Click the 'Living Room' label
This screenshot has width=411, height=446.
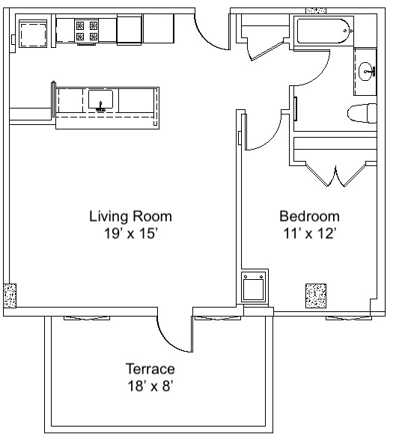(x=131, y=216)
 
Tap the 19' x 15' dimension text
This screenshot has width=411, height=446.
(x=131, y=233)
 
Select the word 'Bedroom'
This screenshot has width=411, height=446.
(x=309, y=216)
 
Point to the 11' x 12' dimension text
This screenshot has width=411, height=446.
(x=309, y=233)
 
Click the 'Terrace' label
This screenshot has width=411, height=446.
(x=150, y=369)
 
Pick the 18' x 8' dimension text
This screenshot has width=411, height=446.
(x=150, y=386)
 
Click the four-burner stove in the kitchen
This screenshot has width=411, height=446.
(x=87, y=31)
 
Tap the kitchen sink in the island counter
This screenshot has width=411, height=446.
(x=100, y=100)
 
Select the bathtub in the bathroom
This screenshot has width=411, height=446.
(x=323, y=31)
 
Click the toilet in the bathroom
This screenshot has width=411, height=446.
(x=362, y=113)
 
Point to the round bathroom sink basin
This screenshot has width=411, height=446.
(x=367, y=71)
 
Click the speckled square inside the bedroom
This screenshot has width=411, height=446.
(x=316, y=296)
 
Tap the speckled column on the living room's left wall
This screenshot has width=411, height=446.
(x=10, y=296)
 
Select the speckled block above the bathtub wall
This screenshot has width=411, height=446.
(x=316, y=10)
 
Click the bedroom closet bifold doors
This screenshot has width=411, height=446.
(x=336, y=176)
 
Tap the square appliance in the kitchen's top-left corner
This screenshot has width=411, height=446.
(x=33, y=34)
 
